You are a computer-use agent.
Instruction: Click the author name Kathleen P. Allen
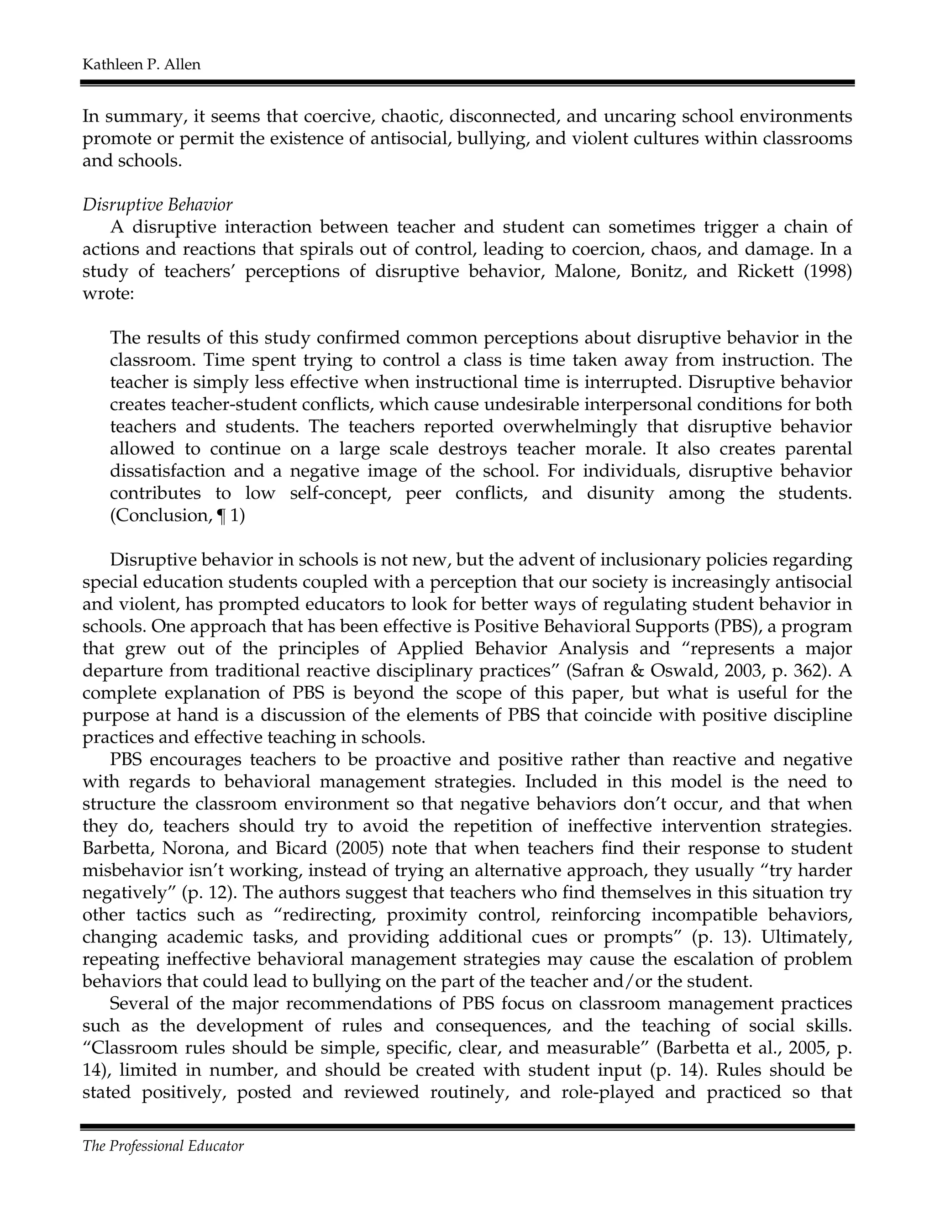(x=141, y=65)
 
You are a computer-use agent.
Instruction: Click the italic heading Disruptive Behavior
(x=158, y=205)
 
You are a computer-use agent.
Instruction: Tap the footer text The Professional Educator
(x=163, y=1146)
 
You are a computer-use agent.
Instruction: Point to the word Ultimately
(x=806, y=937)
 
